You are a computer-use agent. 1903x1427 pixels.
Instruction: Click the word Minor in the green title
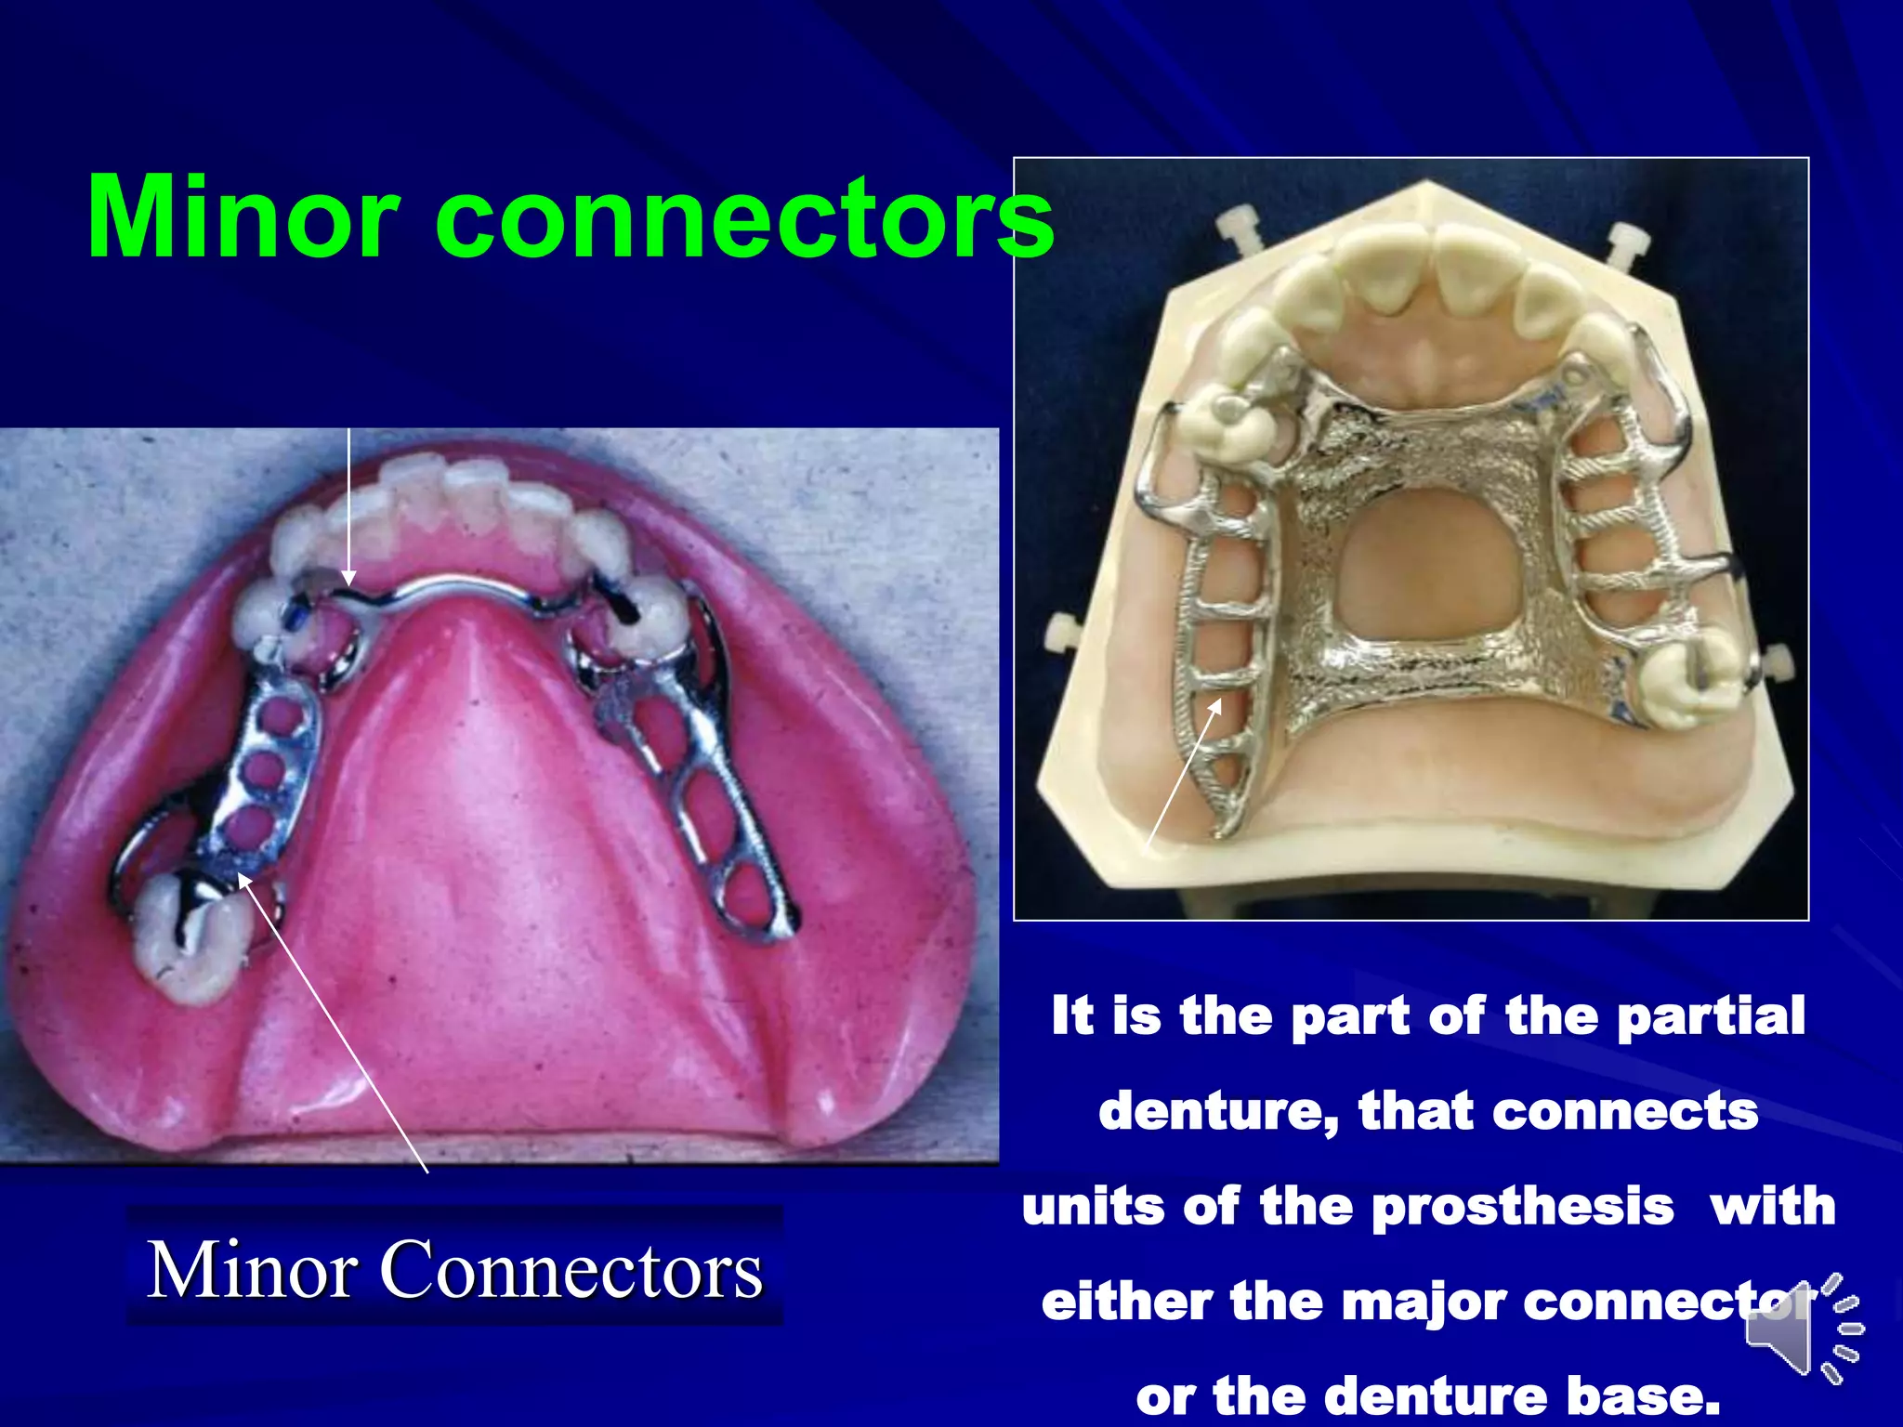(243, 217)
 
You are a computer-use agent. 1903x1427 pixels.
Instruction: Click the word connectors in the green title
(743, 219)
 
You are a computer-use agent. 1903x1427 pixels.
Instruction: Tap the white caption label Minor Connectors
(455, 1270)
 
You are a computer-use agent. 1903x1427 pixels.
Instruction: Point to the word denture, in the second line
(1218, 1112)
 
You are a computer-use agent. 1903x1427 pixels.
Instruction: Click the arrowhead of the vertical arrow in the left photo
(348, 578)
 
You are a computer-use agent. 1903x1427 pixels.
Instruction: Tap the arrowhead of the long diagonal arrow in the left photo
(243, 878)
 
